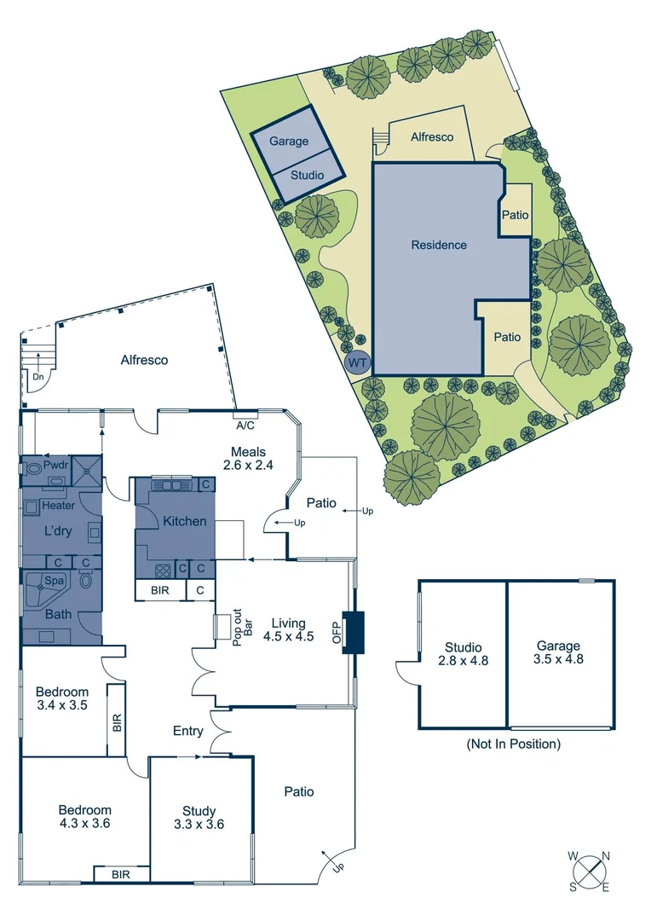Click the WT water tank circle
(358, 363)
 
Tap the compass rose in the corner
(589, 872)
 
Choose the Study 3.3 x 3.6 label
(199, 817)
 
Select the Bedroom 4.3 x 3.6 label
(84, 817)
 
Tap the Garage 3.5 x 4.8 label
(559, 652)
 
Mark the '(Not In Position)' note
(513, 744)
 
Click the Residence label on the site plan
(439, 245)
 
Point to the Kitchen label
(185, 521)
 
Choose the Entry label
(187, 731)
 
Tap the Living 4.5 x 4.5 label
(289, 628)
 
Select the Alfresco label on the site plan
(432, 136)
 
